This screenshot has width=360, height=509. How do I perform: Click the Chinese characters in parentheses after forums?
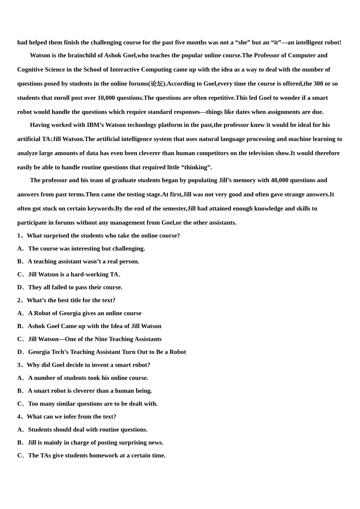tap(157, 84)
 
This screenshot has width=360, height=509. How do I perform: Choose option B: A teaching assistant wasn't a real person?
tap(83, 262)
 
